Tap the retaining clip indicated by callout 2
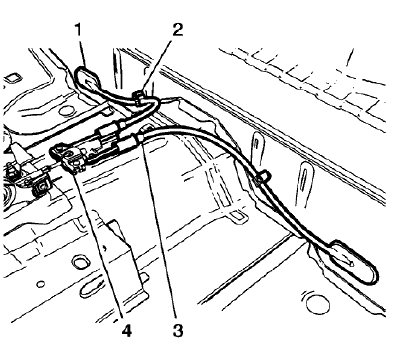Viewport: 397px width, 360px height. coord(142,96)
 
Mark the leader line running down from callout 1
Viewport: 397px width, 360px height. coord(84,48)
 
